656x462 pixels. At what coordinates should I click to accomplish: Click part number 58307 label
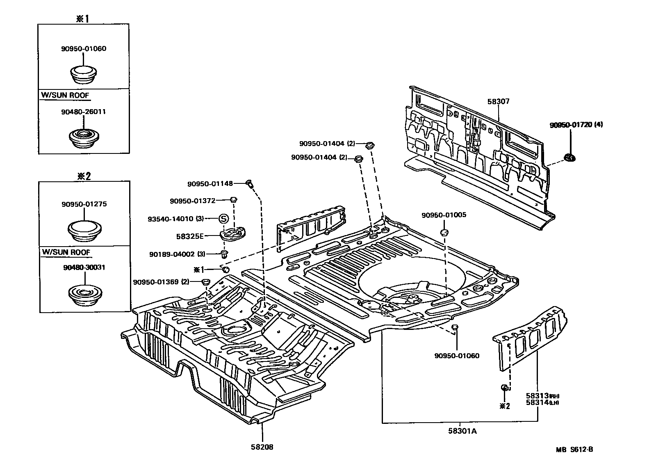click(498, 101)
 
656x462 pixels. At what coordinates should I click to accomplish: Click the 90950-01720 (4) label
click(576, 125)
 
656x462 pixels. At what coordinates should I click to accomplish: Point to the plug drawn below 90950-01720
click(569, 157)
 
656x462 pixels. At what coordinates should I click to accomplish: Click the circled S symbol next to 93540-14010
click(223, 218)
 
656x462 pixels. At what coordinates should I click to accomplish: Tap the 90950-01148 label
click(210, 184)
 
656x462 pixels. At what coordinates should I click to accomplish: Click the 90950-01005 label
click(444, 215)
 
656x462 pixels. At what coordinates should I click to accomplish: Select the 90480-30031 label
click(84, 267)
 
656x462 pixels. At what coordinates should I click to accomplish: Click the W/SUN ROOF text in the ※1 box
click(65, 95)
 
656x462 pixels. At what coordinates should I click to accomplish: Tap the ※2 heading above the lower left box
click(84, 176)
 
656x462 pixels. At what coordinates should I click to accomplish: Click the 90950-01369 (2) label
click(161, 282)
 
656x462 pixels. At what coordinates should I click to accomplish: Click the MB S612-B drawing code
click(574, 449)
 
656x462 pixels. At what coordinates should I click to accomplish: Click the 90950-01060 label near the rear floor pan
click(457, 356)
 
